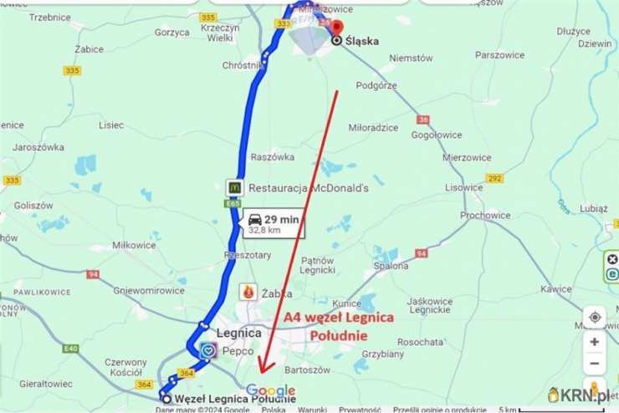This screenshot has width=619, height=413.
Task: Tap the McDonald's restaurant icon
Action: point(235,187)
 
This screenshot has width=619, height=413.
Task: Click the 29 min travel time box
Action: point(274,224)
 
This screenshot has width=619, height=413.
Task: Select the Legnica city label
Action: point(239,332)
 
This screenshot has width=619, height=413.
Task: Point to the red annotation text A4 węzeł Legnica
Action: point(338,319)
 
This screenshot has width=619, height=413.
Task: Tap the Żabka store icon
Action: point(248,292)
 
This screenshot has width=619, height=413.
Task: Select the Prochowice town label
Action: point(485,215)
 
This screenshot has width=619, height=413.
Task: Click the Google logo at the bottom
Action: point(270,390)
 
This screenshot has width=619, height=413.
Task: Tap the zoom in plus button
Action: point(595,341)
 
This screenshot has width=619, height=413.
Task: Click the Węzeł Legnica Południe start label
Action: point(235,399)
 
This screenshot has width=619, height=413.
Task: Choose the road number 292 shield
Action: point(495,178)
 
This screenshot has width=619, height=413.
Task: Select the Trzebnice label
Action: point(49,17)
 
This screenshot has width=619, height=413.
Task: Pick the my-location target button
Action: point(595,317)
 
